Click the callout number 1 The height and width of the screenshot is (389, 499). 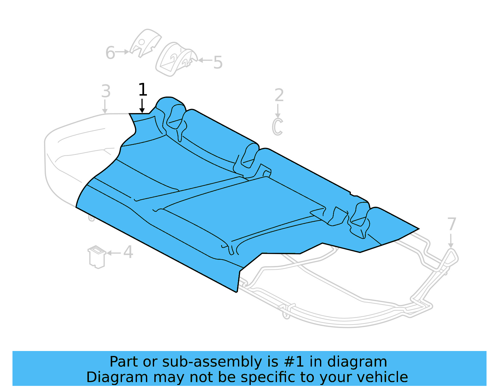(x=143, y=90)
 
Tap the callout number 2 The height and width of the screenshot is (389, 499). (x=279, y=95)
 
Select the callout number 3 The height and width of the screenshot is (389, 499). (x=106, y=91)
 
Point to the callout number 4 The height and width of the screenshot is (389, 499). (x=128, y=252)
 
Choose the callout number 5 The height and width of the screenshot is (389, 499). (x=218, y=63)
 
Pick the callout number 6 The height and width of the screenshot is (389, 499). (x=110, y=53)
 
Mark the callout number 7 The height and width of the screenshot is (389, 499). (x=452, y=224)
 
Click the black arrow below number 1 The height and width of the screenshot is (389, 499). (x=142, y=106)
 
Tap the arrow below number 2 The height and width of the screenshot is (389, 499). (x=278, y=111)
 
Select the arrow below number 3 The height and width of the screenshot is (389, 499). (x=105, y=107)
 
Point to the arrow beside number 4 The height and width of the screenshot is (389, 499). (x=114, y=253)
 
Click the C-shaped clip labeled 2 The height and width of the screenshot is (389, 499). (x=277, y=127)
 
